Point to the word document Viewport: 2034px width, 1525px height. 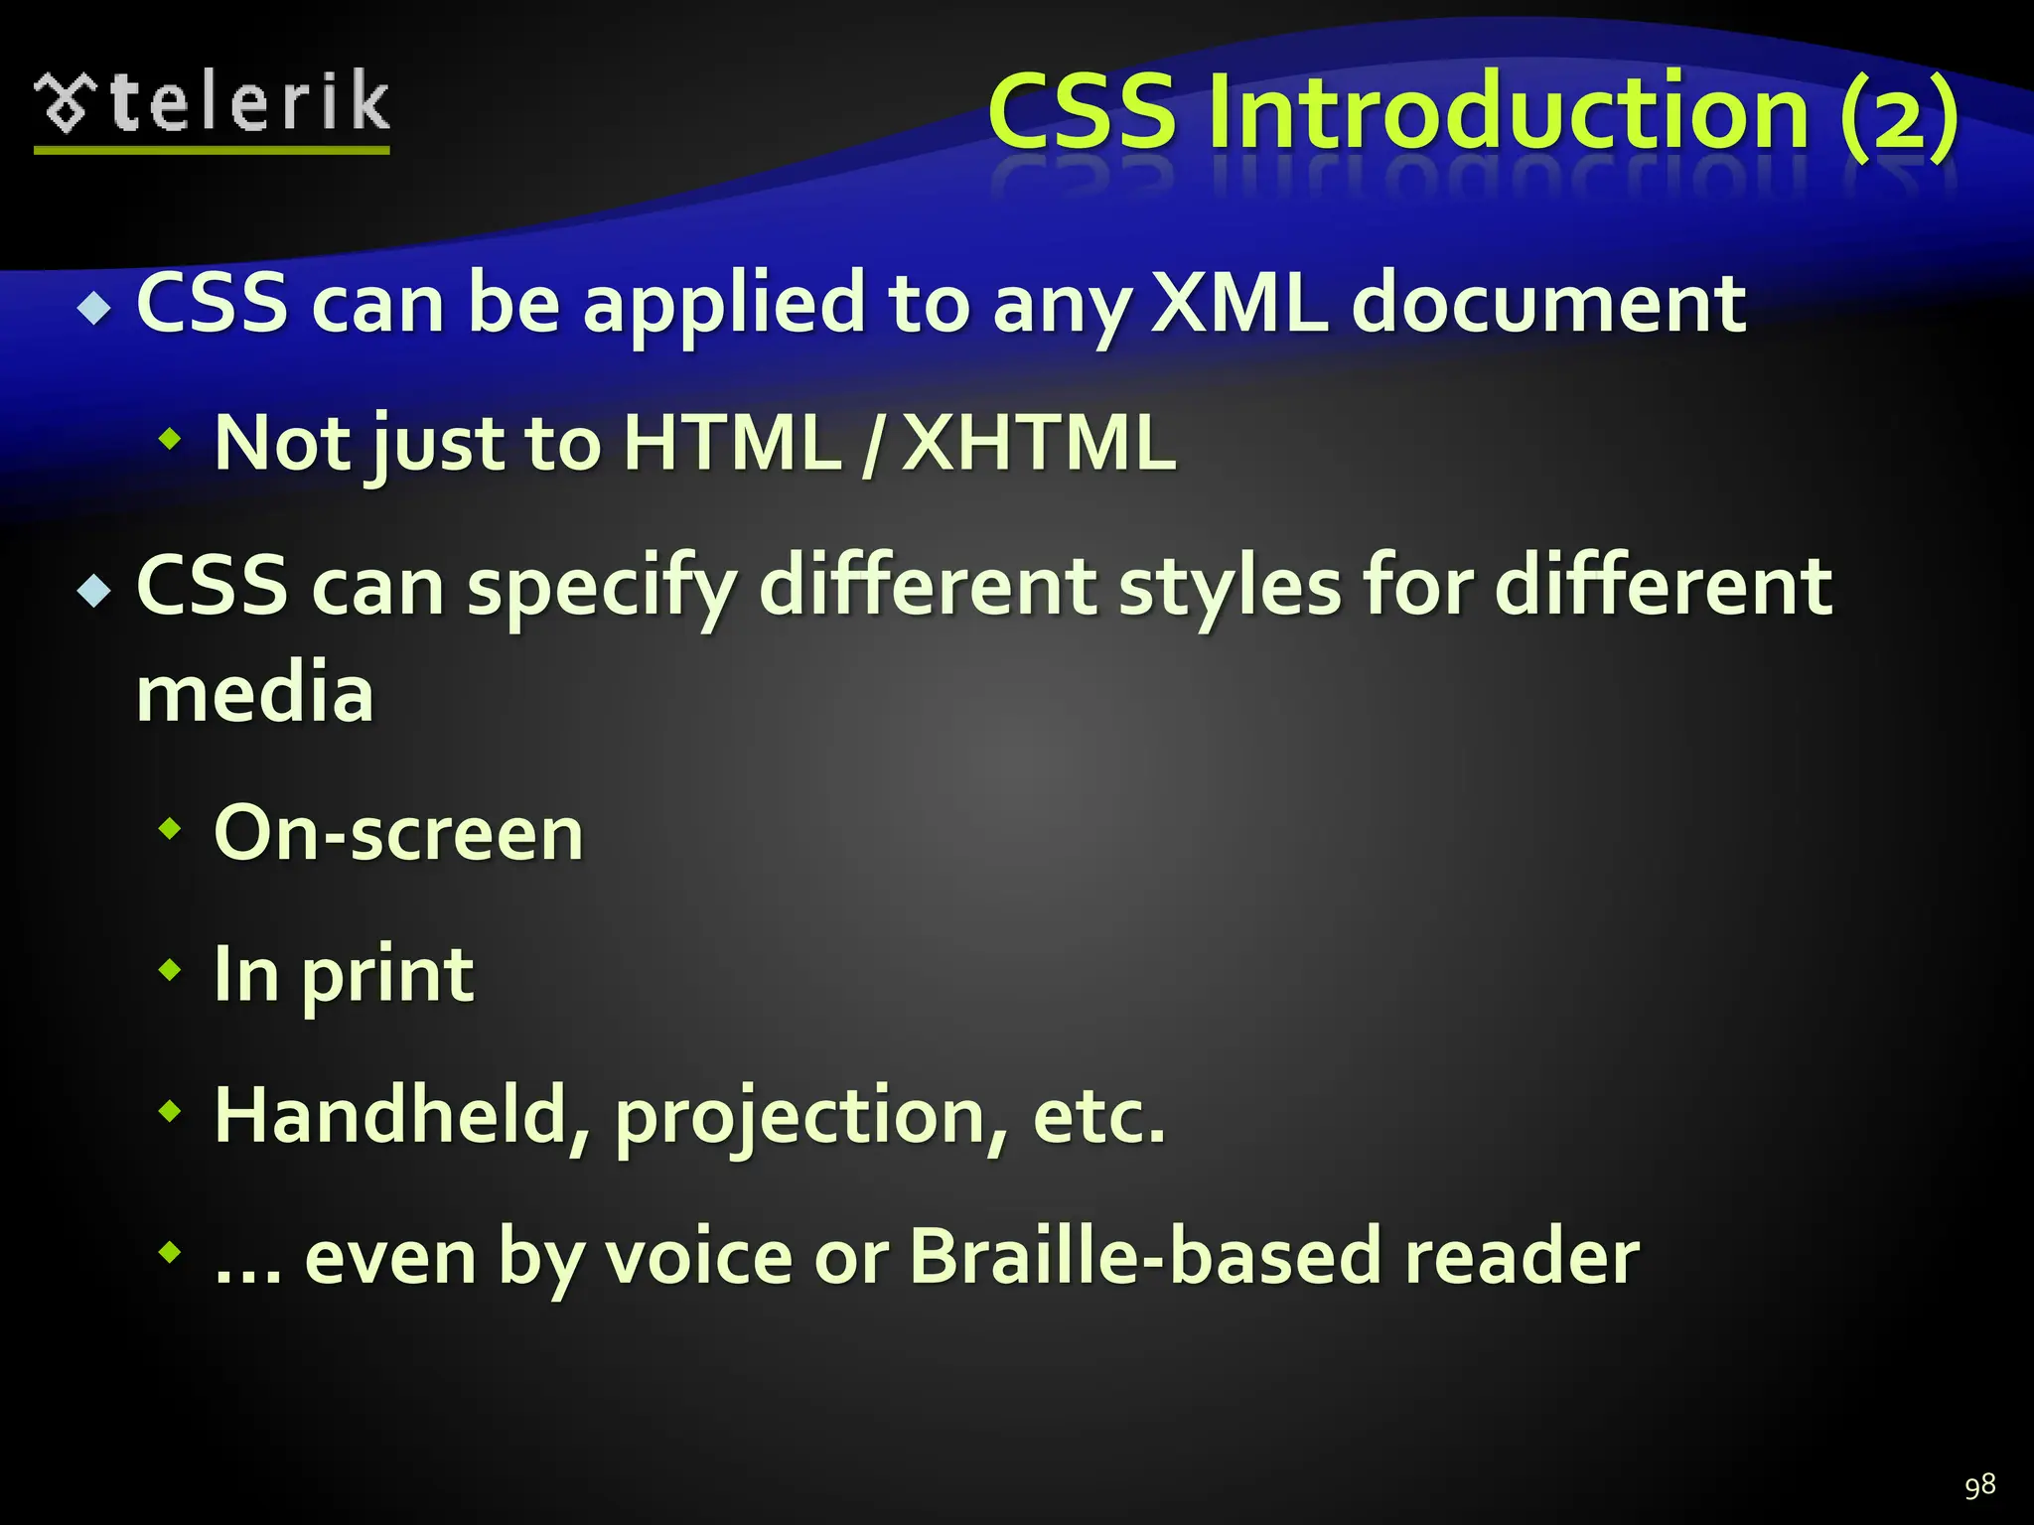click(1548, 302)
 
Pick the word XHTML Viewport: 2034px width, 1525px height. click(1038, 443)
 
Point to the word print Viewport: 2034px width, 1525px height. click(387, 977)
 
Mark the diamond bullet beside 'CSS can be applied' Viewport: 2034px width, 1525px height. click(95, 309)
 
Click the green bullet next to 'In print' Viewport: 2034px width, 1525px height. click(171, 969)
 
